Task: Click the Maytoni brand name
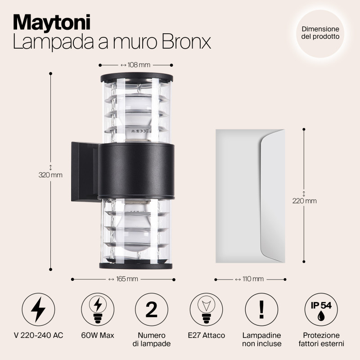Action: point(51,22)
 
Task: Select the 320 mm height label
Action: point(50,175)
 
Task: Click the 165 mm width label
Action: point(122,279)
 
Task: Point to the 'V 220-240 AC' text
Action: point(39,336)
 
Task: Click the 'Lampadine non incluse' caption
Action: point(262,340)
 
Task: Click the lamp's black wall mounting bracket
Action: point(83,172)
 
